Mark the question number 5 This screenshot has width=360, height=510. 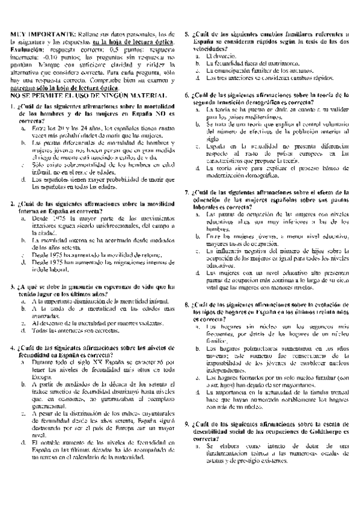(x=187, y=35)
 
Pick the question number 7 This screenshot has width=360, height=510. (x=187, y=192)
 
